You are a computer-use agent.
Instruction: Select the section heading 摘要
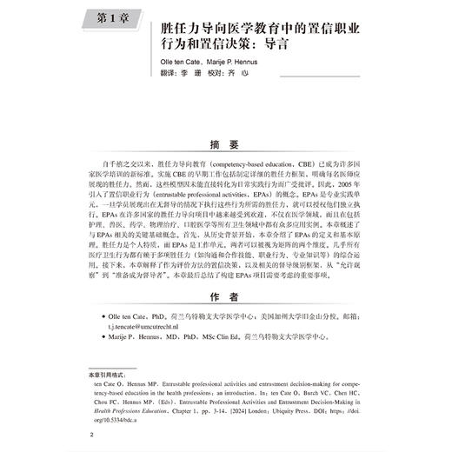[x=225, y=145]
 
